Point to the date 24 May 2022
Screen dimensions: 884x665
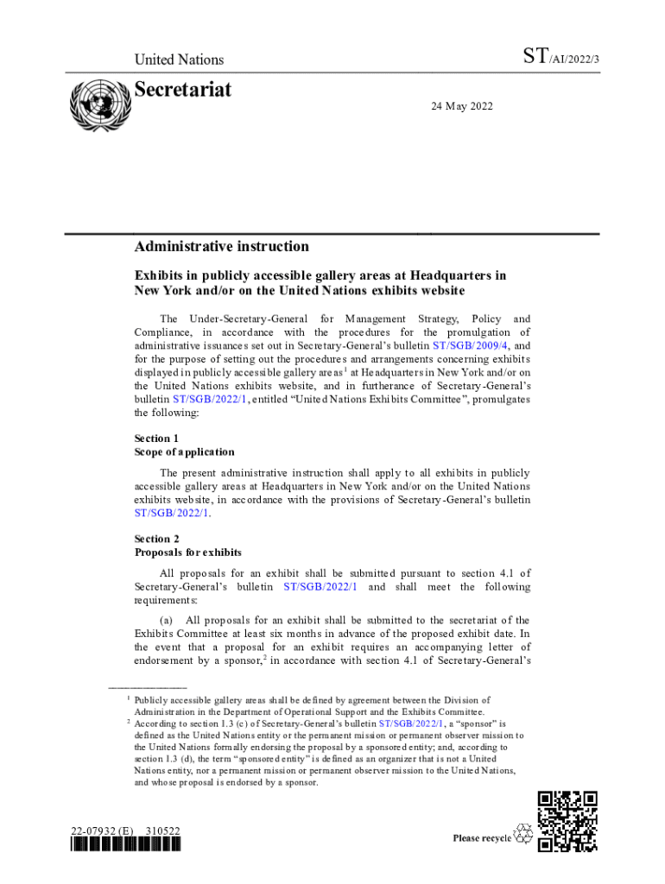tap(462, 105)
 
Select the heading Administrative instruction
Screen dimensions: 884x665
tap(221, 247)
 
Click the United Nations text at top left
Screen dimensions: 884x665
tap(179, 60)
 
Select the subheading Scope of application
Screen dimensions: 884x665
tap(184, 451)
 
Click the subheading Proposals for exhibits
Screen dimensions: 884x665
tap(187, 552)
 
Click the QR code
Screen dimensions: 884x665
tap(567, 821)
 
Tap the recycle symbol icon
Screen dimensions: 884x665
tap(523, 833)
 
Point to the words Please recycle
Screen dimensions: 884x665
tap(482, 838)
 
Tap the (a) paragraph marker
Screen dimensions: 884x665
tap(167, 620)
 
